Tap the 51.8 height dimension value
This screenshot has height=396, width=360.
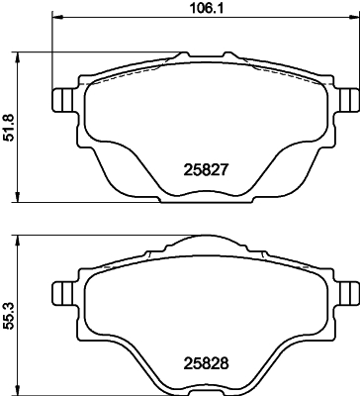click(x=9, y=127)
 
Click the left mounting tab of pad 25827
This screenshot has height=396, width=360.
click(x=60, y=101)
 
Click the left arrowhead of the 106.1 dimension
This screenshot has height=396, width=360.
click(x=52, y=18)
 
